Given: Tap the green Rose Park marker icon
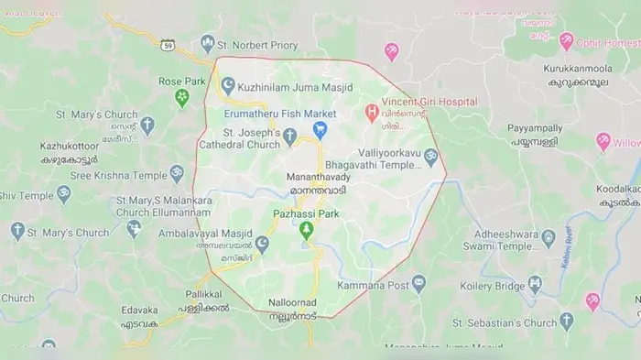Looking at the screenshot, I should pos(181,97).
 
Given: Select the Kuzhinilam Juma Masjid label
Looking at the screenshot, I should pos(289,84).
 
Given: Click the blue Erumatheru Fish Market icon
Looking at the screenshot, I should pos(320,130).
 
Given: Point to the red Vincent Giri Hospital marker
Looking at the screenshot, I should pos(372,114).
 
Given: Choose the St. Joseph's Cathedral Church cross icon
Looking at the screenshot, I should pos(289,137).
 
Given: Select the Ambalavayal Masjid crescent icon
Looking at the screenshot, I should pos(262,244).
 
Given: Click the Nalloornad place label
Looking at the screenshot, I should pos(293,301).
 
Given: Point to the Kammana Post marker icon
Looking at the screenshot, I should pos(418,283).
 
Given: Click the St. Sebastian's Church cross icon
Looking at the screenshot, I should pos(566,321).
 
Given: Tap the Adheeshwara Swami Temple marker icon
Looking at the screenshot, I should pos(549,240).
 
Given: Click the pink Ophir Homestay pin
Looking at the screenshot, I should pos(566,41).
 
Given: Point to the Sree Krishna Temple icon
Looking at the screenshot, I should pos(177,174).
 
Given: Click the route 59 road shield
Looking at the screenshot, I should pos(168,45).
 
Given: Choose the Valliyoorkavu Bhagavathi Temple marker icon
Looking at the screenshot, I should pos(430,160).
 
